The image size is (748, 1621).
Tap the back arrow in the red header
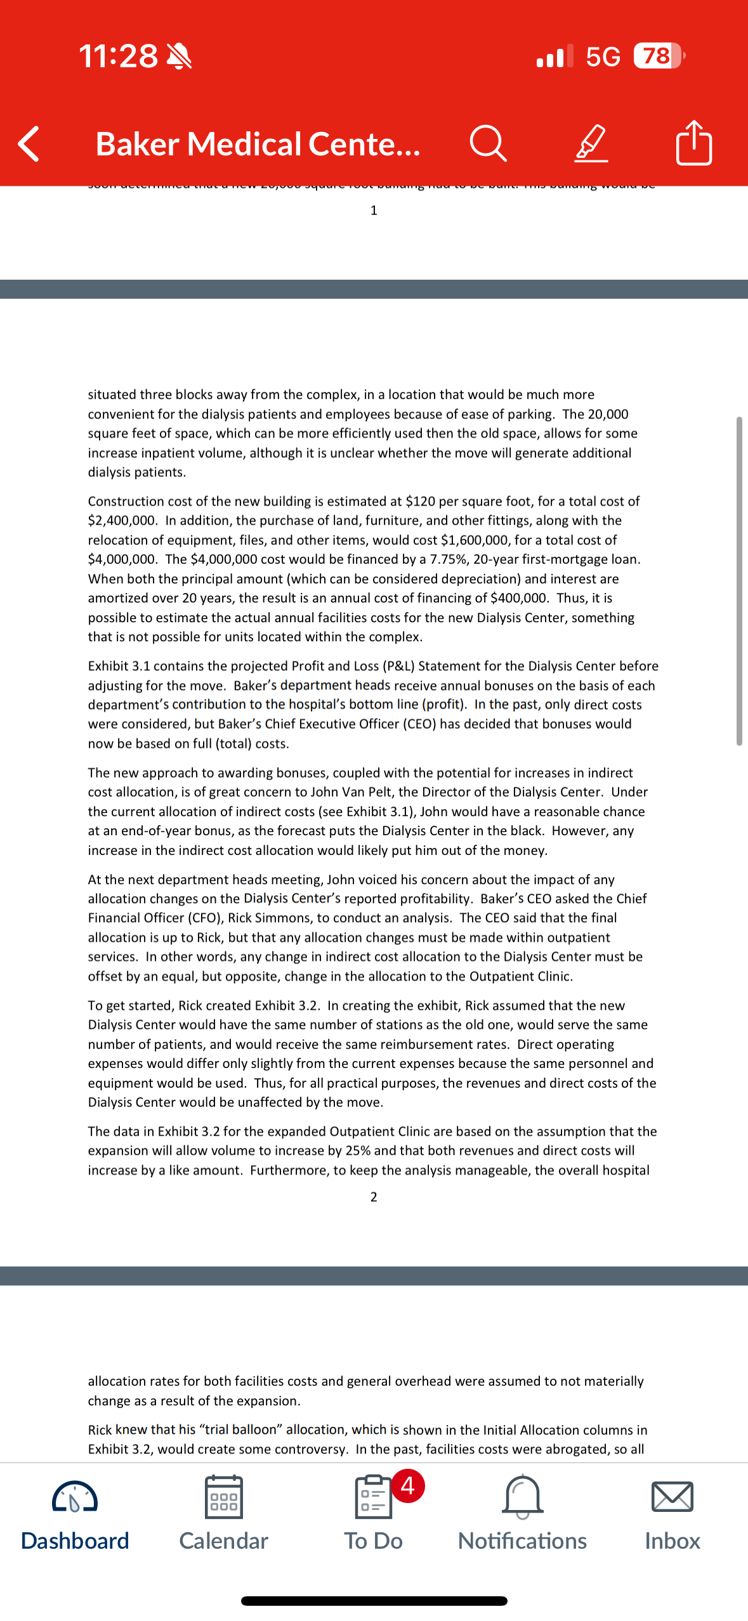[x=29, y=144]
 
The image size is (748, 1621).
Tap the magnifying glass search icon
[x=488, y=144]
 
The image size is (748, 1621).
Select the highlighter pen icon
[x=591, y=144]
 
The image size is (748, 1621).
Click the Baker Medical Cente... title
[x=258, y=144]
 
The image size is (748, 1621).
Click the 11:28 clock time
[x=119, y=56]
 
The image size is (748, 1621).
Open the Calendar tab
[x=223, y=1513]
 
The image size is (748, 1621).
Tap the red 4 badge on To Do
[x=408, y=1485]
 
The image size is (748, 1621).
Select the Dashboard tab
[x=75, y=1513]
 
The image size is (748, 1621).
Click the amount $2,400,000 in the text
[x=121, y=521]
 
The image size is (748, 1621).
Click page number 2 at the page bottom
[x=374, y=1197]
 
